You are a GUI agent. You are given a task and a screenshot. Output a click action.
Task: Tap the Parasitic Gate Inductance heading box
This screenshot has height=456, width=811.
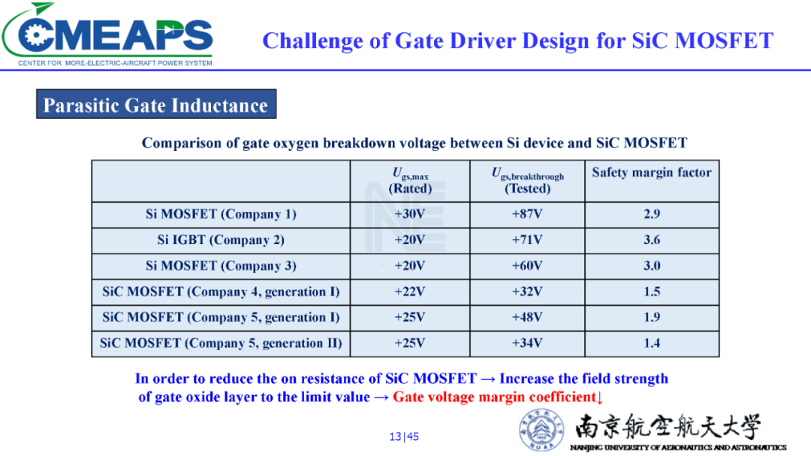pos(156,104)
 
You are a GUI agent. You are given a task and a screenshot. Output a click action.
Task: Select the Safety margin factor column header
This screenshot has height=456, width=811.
pos(652,172)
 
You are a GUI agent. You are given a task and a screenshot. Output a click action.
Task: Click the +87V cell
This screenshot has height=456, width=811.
pos(527,214)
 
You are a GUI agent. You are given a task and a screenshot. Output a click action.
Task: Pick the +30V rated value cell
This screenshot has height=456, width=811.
pos(410,214)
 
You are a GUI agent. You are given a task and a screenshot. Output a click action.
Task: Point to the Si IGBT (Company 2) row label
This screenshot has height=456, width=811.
pos(221,240)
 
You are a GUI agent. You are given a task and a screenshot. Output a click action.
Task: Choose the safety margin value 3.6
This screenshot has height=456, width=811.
pos(652,240)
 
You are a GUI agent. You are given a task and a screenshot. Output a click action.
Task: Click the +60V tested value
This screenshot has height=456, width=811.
pos(527,265)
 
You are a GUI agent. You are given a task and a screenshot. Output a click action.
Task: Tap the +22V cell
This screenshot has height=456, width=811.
pos(410,291)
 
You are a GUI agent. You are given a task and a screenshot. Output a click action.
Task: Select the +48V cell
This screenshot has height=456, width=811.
pos(527,317)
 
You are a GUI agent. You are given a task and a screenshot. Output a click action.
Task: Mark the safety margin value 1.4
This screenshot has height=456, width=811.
pos(652,343)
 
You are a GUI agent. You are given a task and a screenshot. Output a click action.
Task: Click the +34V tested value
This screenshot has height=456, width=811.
pos(527,343)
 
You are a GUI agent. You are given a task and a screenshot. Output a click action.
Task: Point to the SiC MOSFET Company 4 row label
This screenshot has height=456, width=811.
pos(221,292)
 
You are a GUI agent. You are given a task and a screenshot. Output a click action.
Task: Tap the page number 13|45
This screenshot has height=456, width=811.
pos(404,436)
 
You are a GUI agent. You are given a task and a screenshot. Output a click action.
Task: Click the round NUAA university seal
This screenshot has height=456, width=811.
pos(541,429)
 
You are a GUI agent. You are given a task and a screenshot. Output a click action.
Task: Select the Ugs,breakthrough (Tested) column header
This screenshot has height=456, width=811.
pos(528,180)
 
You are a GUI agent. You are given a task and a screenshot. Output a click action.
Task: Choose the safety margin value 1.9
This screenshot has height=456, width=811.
pos(652,317)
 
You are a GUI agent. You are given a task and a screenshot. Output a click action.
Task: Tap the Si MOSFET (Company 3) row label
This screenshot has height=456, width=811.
pos(221,266)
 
